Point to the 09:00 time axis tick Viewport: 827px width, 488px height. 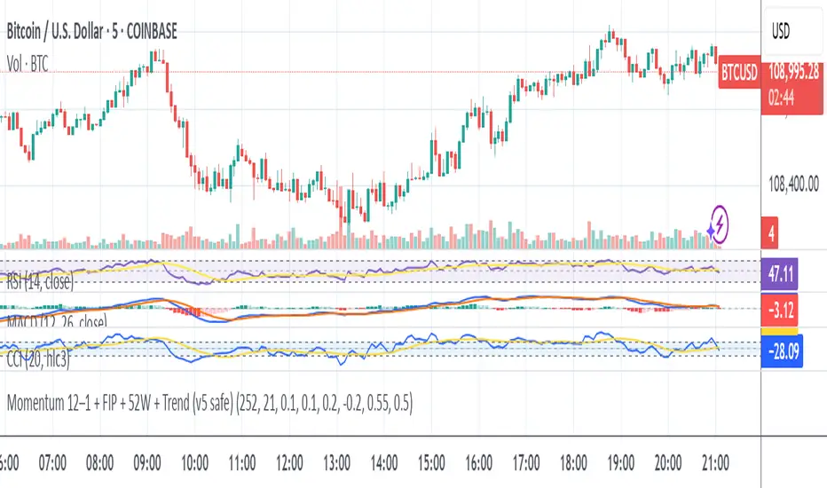point(147,462)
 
